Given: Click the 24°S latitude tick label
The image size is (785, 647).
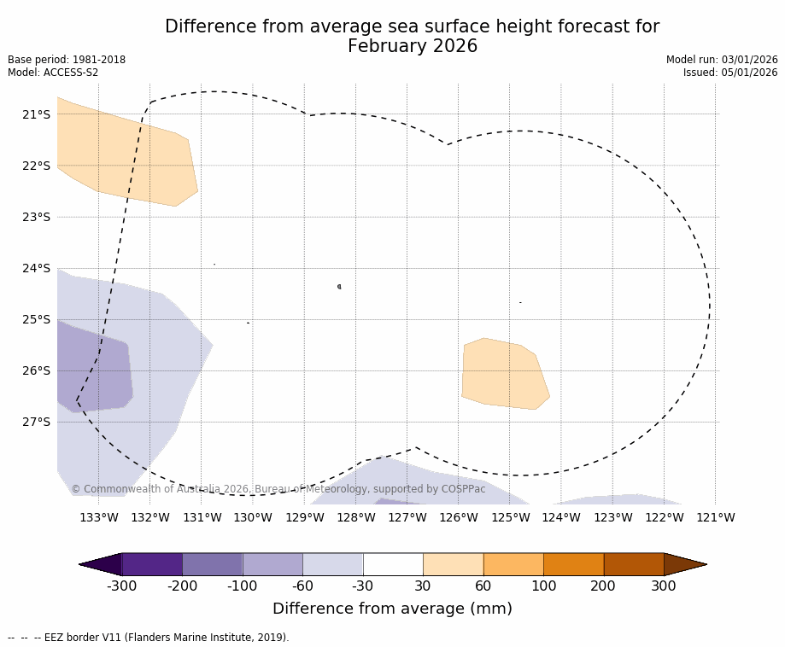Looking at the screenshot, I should point(36,268).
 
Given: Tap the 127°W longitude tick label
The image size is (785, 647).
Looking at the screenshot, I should point(407,517).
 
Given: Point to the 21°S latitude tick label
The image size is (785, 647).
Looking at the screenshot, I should point(36,114).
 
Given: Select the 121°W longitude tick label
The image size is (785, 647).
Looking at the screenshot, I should point(715,517).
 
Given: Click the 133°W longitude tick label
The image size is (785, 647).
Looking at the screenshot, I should point(98,517).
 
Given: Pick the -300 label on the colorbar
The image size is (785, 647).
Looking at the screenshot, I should point(122,586).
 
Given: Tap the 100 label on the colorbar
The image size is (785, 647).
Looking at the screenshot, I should point(543,586).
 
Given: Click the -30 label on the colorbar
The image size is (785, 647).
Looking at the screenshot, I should point(363,586).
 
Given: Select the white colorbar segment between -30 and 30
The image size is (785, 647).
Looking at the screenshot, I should point(393,564).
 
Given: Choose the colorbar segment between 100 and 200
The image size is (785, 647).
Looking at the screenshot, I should point(573,564).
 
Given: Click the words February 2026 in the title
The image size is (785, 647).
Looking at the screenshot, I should point(413,47).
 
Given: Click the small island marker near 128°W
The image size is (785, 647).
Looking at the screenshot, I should point(339,287).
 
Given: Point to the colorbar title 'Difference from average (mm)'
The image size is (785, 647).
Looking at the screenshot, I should point(392,609).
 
